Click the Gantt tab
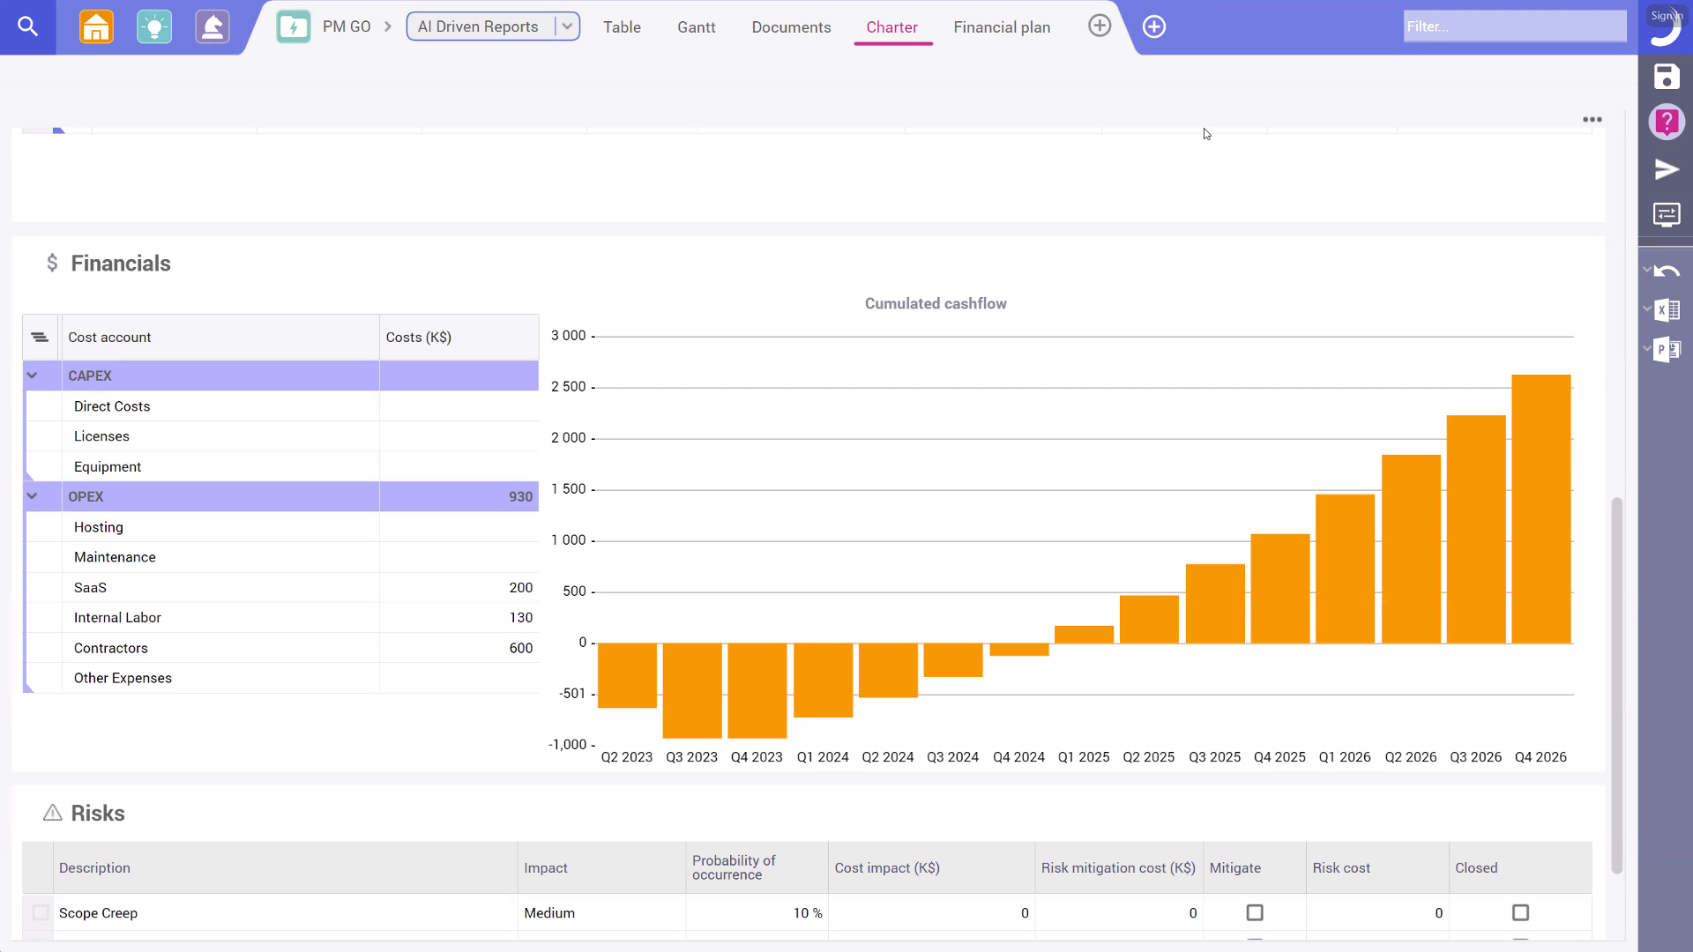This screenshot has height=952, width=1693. (696, 27)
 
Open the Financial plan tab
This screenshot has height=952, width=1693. (1002, 27)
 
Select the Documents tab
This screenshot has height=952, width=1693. (791, 27)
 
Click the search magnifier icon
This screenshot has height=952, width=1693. (27, 26)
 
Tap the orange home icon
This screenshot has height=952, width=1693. (96, 26)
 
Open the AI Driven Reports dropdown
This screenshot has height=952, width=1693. (567, 26)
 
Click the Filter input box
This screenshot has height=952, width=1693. (1514, 26)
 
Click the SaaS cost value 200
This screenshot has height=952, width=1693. (520, 587)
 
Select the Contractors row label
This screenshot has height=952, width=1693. (111, 648)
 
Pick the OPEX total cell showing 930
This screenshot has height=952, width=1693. (520, 496)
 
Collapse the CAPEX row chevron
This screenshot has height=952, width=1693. (33, 376)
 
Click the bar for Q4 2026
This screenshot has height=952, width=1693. (1540, 509)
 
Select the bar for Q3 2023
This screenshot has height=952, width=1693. (692, 690)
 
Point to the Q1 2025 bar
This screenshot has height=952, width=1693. (1084, 634)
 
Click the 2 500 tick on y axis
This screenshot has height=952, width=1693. (569, 386)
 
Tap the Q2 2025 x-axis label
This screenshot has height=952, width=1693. (1148, 757)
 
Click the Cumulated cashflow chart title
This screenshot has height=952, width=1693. (935, 303)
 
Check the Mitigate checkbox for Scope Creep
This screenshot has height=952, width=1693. (1254, 912)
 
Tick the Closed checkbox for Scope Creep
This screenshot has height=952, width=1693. (1520, 912)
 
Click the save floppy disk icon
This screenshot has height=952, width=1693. (1666, 77)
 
